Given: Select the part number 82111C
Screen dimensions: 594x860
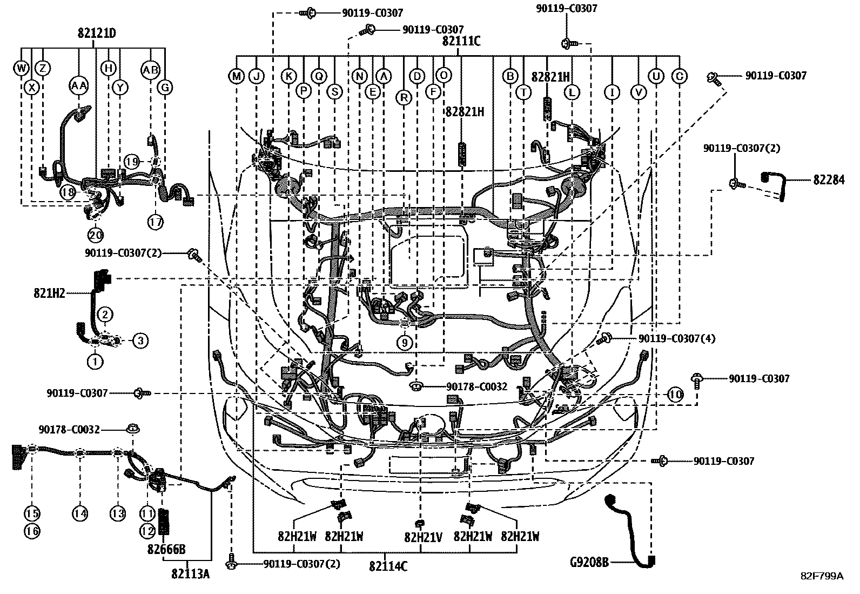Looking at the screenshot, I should point(461,41).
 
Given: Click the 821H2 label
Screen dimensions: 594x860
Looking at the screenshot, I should point(49,293).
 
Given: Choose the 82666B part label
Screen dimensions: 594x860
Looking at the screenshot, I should point(166,550).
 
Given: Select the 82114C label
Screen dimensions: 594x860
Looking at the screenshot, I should point(388,566).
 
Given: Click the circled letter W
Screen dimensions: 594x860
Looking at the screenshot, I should point(21,68).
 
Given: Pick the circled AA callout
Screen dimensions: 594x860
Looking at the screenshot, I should point(79,85).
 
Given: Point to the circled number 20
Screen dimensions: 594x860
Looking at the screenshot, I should point(96,235).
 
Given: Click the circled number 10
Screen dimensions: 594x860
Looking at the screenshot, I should point(675,395).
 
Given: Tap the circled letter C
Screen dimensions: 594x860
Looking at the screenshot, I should point(679,76).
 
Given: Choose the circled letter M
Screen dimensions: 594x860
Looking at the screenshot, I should point(237,76).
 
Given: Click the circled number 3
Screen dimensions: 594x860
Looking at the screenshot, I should point(139,341).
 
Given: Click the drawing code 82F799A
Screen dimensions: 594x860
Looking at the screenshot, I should point(821,576).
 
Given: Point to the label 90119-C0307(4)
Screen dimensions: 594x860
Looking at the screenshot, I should point(676,338).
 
